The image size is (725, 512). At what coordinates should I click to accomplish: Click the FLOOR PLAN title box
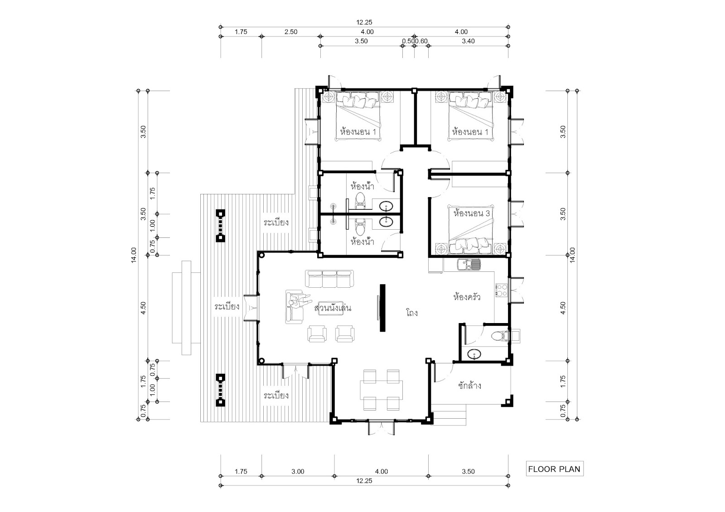(555, 469)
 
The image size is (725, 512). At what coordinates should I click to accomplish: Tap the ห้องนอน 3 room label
(472, 213)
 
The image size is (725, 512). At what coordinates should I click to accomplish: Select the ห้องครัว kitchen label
(467, 297)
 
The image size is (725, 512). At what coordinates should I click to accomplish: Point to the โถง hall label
(412, 313)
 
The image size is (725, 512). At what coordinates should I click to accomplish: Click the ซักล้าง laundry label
(469, 385)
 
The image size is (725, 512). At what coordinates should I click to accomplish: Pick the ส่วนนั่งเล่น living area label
(333, 308)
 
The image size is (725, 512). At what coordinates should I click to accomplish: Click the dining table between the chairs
(381, 390)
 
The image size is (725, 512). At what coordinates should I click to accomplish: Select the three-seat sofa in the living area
(329, 279)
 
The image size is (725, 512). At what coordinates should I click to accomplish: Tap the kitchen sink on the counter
(469, 265)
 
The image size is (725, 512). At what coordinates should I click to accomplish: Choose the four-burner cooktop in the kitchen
(501, 290)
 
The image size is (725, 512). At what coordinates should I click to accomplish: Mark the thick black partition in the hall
(382, 308)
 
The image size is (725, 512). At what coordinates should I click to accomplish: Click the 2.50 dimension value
(291, 32)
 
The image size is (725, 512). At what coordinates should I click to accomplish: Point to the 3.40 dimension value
(469, 41)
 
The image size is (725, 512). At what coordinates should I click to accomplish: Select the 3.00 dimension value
(298, 472)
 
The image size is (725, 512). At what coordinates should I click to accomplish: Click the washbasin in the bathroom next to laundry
(474, 354)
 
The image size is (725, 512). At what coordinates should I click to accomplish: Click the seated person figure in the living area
(299, 301)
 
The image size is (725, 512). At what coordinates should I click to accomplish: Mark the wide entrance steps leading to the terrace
(186, 308)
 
